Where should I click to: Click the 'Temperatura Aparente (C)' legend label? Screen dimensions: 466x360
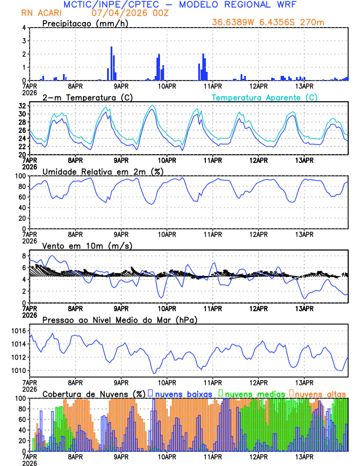pos(265,97)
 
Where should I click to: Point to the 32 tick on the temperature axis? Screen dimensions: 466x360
pos(22,106)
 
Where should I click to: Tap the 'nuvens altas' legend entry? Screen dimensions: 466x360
pos(319,393)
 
